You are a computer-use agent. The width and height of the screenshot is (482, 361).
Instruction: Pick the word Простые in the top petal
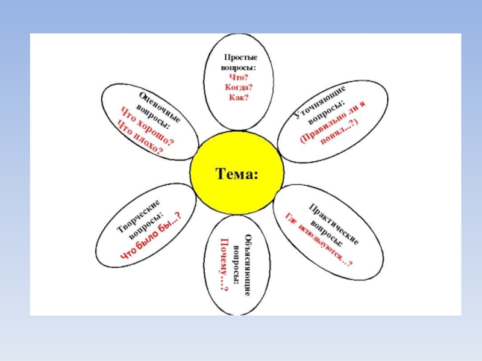pyautogui.click(x=238, y=56)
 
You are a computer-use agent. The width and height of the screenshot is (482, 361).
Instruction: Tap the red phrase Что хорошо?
pyautogui.click(x=146, y=126)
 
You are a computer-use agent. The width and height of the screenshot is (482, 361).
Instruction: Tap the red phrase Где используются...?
pyautogui.click(x=319, y=239)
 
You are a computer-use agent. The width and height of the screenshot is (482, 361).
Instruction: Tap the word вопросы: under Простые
pyautogui.click(x=238, y=66)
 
